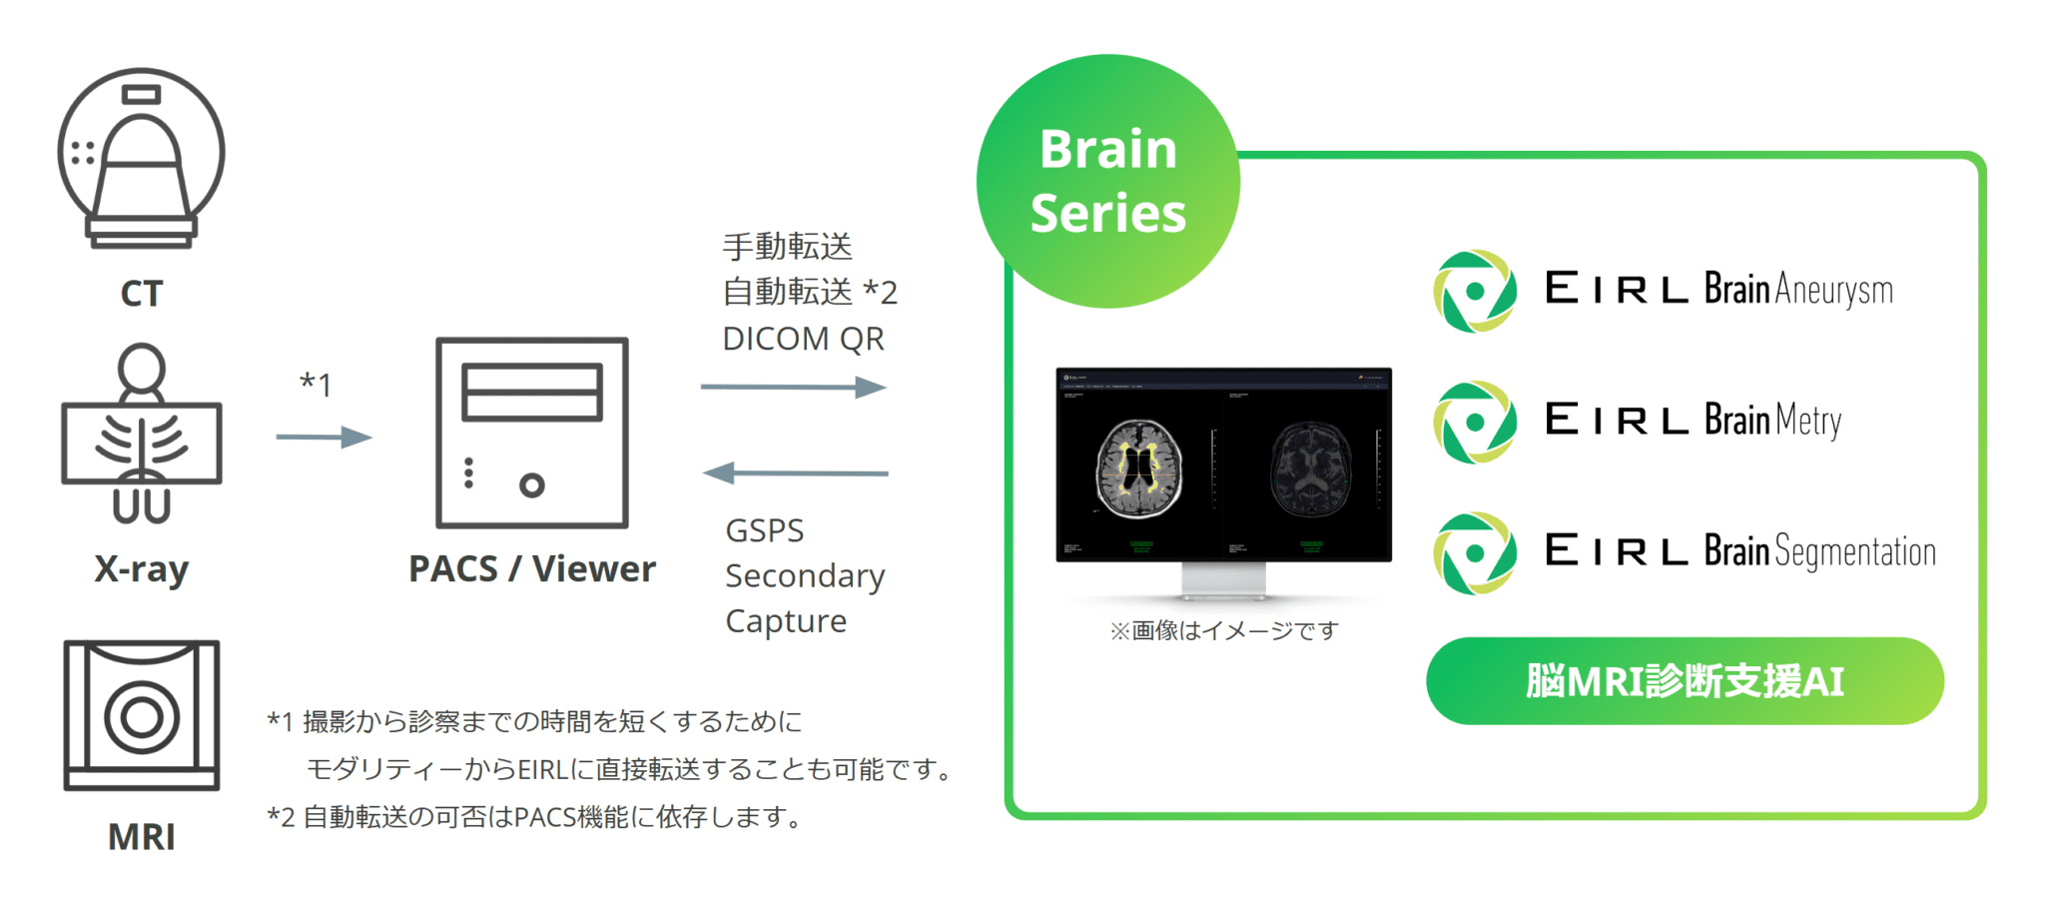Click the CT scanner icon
pos(141,158)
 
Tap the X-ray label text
pos(141,569)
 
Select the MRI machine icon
pos(142,715)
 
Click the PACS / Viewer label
pos(532,569)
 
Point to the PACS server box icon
pos(532,433)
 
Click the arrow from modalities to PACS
pos(324,437)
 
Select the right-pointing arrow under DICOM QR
pos(793,387)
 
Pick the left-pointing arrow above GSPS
pos(795,472)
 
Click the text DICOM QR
pos(803,340)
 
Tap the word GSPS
pos(764,530)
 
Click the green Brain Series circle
pos(1107,181)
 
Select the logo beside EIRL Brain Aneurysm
pos(1475,291)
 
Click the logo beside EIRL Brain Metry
pos(1475,423)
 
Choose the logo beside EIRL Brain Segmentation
pos(1475,553)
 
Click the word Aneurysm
pos(1833,291)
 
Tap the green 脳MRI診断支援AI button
pos(1685,681)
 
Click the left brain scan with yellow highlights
pos(1139,467)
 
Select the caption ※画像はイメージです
pos(1223,631)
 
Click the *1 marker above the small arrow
pos(316,384)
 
